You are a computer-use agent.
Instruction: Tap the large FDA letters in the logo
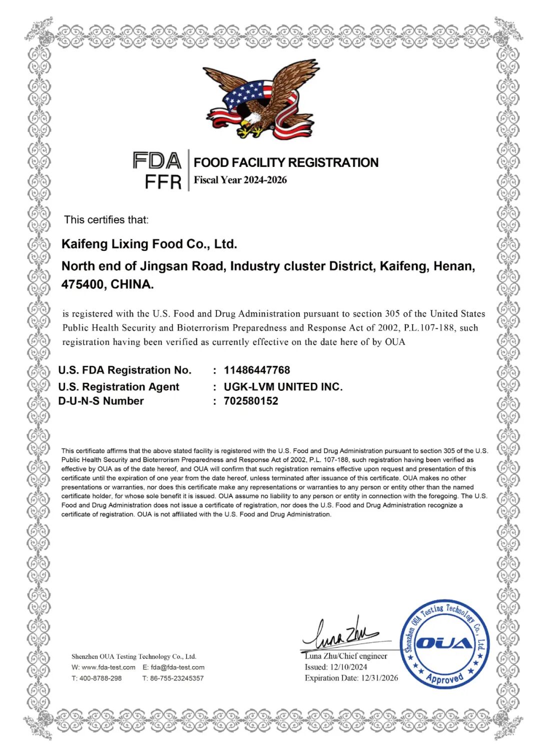pyautogui.click(x=157, y=161)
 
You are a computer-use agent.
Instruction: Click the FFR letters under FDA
pyautogui.click(x=163, y=182)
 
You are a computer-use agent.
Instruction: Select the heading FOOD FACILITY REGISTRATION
pyautogui.click(x=286, y=162)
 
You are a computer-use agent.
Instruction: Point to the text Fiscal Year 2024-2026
pyautogui.click(x=240, y=180)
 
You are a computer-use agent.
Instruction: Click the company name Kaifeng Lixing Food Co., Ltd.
pyautogui.click(x=149, y=244)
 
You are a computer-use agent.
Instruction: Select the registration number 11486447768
pyautogui.click(x=257, y=370)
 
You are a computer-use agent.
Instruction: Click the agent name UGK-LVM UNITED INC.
pyautogui.click(x=283, y=387)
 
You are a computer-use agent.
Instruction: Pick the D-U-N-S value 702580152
pyautogui.click(x=251, y=401)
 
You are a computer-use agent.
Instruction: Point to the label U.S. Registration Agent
pyautogui.click(x=118, y=387)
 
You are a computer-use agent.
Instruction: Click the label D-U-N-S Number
pyautogui.click(x=101, y=401)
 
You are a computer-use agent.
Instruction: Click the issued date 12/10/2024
pyautogui.click(x=348, y=667)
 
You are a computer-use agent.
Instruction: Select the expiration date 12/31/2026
pyautogui.click(x=379, y=678)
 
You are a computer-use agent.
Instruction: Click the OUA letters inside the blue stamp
pyautogui.click(x=444, y=643)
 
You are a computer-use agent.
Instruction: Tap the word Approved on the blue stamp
pyautogui.click(x=444, y=678)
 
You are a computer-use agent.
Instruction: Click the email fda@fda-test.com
pyautogui.click(x=177, y=668)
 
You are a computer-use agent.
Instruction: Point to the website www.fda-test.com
pyautogui.click(x=108, y=668)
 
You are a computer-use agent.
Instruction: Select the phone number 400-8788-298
pyautogui.click(x=100, y=679)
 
